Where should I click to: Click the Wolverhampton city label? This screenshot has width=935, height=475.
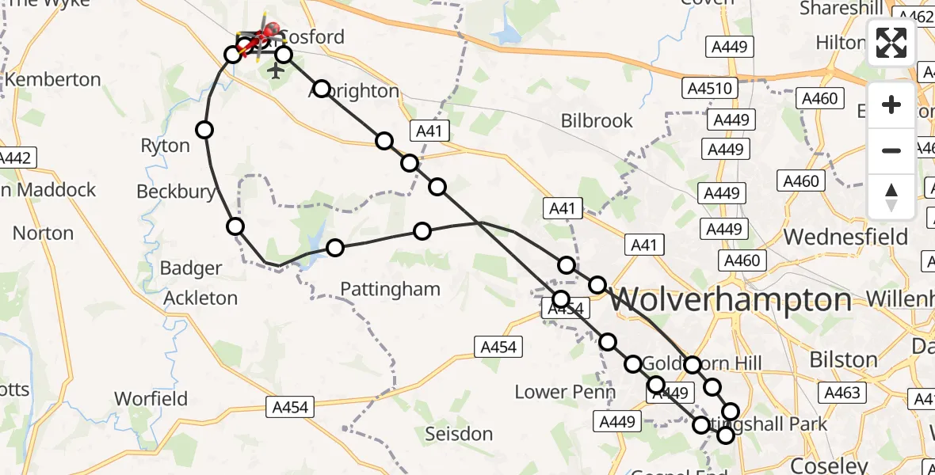(731, 300)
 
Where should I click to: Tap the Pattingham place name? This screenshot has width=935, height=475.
(390, 289)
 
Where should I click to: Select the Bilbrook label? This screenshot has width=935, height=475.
(597, 120)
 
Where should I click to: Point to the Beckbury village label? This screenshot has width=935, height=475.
(176, 192)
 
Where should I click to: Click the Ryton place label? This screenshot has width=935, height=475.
(165, 146)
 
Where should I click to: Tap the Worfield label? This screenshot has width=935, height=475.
(151, 397)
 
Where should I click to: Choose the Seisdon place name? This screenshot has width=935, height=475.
(459, 434)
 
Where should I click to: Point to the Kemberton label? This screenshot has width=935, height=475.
(53, 80)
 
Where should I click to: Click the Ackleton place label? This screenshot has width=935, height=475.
(200, 298)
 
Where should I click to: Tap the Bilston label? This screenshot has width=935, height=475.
(843, 359)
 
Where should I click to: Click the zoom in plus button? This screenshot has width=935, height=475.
(891, 105)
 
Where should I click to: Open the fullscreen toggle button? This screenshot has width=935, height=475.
(891, 43)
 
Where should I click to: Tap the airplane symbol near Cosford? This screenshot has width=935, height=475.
(276, 71)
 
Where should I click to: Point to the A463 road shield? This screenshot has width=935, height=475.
(842, 393)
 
